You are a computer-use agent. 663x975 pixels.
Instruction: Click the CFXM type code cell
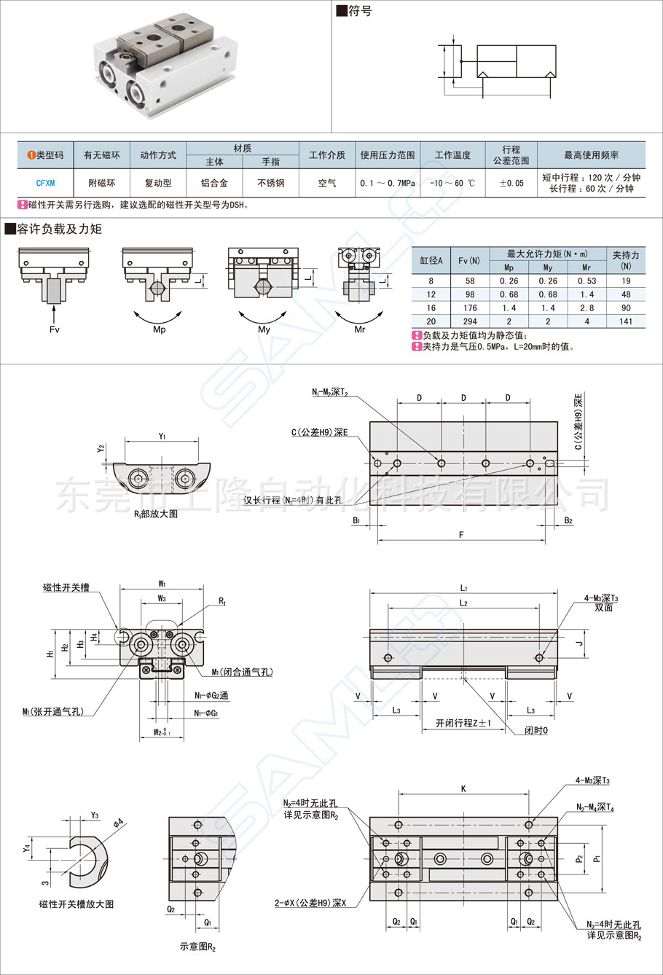[45, 183]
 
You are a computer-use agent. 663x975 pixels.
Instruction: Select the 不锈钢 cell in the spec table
[270, 183]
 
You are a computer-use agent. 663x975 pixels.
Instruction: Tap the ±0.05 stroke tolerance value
[511, 183]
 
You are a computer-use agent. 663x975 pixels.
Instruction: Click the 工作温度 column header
[452, 155]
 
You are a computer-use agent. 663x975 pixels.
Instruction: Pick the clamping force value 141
[626, 321]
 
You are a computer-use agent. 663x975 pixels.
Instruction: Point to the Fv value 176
[470, 308]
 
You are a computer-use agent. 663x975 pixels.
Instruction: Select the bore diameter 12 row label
[431, 294]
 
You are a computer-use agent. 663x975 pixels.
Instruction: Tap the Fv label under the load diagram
[54, 329]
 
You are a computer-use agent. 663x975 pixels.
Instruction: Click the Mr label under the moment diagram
[360, 329]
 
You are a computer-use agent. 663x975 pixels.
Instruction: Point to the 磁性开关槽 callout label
[66, 587]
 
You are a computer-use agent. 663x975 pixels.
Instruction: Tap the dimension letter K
[463, 788]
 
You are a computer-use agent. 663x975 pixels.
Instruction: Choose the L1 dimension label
[463, 587]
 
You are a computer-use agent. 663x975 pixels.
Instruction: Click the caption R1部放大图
[155, 513]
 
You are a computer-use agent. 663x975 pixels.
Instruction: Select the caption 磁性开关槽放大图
[76, 904]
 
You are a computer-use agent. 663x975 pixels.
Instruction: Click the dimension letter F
[461, 535]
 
